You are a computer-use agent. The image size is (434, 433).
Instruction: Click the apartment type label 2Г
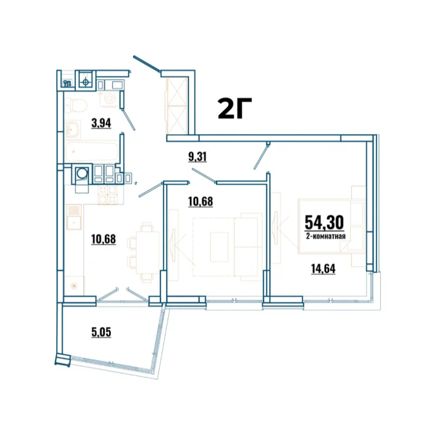click(235, 108)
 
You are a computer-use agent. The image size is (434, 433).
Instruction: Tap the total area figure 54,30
click(325, 222)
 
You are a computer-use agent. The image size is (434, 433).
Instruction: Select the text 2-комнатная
click(326, 236)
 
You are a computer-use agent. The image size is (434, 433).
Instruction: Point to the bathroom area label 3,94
click(101, 123)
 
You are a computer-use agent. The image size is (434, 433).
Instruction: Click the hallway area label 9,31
click(197, 157)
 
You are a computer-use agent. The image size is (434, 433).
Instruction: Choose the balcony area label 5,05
click(101, 332)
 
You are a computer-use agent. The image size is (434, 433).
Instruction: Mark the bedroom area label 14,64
click(323, 268)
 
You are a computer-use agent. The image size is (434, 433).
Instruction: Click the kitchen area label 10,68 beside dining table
click(103, 239)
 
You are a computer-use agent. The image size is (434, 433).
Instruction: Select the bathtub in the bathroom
click(92, 151)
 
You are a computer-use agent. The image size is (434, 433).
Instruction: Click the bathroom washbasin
click(73, 129)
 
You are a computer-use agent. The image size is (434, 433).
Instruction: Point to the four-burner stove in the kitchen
click(107, 194)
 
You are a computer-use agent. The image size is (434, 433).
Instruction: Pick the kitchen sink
click(74, 217)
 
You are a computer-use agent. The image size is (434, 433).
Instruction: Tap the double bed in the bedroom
click(331, 226)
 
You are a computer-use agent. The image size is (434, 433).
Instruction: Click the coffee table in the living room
click(219, 247)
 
